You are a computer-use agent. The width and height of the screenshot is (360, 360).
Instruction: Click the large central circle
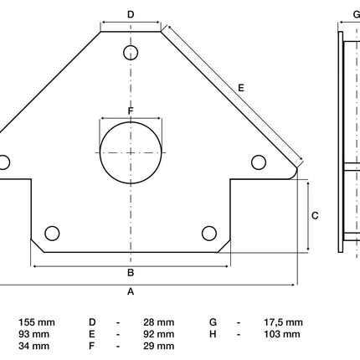point(100,153)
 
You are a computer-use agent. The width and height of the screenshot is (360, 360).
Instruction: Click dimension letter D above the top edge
point(131,14)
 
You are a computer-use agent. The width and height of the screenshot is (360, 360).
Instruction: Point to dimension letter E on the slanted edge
point(241,88)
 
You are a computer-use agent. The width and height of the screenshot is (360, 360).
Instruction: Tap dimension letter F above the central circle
point(131,111)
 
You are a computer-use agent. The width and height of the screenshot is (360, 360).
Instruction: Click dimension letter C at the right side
point(315,216)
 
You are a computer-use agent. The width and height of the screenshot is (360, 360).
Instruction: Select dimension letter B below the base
point(131,273)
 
